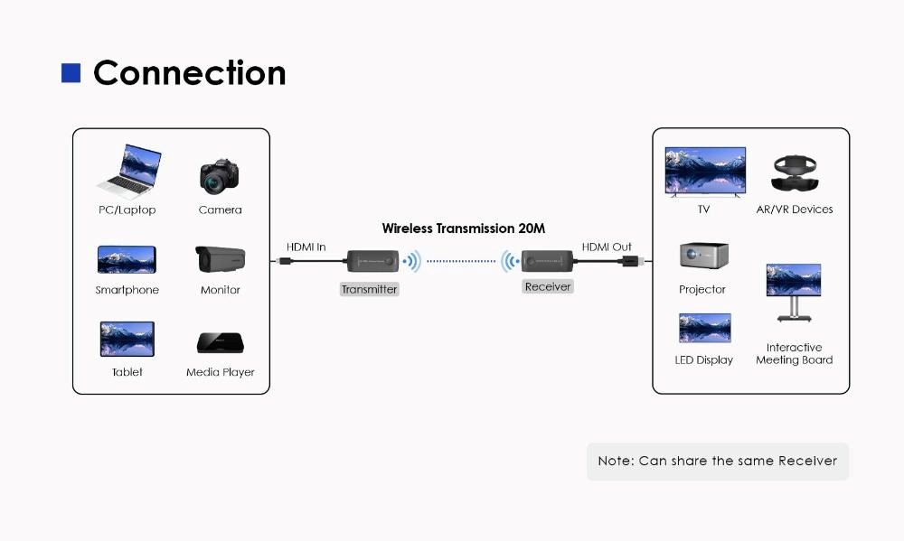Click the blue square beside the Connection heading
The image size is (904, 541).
tap(71, 73)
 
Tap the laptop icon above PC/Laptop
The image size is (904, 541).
tap(129, 172)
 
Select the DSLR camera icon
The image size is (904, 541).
tap(219, 176)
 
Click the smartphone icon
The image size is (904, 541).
tap(127, 260)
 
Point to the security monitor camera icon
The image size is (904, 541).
tap(221, 259)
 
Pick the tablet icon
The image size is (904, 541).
tap(127, 339)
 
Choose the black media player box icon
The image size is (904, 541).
tap(221, 343)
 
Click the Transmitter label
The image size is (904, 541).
tap(369, 290)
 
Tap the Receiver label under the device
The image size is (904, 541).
tap(548, 286)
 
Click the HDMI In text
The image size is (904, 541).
tap(306, 247)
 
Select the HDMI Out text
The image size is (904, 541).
tap(607, 247)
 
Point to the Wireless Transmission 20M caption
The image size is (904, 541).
tap(463, 229)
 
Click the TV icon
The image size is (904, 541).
tap(705, 171)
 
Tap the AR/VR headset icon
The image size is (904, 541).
tap(795, 173)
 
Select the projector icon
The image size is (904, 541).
tap(703, 256)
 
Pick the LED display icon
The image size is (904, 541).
tap(704, 328)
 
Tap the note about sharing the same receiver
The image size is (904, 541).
tap(718, 461)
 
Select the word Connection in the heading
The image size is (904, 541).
tap(189, 73)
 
